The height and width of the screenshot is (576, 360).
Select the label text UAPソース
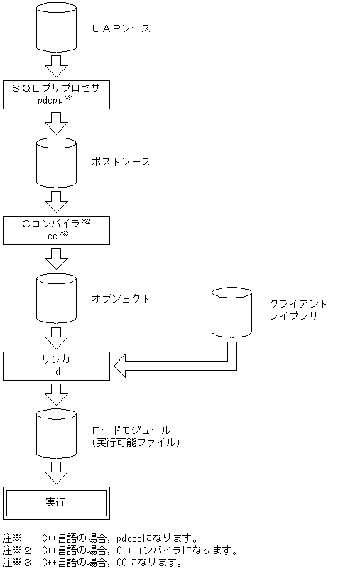(121, 29)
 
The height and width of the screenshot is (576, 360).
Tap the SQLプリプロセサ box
(56, 94)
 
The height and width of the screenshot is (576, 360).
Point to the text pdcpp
(51, 101)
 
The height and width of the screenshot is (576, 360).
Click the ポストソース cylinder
(55, 162)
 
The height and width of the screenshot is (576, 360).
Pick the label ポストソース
(121, 162)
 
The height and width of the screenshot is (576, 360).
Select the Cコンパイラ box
(56, 230)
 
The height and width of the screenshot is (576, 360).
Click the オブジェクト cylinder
(55, 298)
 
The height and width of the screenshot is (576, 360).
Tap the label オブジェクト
(121, 299)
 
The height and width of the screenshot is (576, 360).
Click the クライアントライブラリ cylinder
(231, 313)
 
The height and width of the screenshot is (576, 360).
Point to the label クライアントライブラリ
(298, 309)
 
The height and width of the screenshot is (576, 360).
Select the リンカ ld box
(56, 366)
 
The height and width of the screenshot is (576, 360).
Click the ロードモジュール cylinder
(55, 434)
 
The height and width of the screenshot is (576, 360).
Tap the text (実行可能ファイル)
(135, 442)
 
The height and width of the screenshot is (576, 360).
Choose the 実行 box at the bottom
(56, 503)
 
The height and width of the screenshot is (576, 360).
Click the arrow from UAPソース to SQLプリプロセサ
(55, 67)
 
